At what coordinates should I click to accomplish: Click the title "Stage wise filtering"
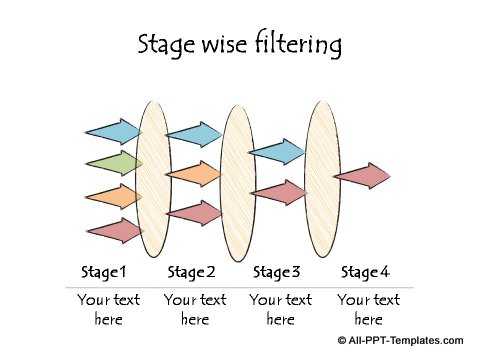pos(240,44)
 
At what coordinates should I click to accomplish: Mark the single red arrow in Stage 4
pos(361,176)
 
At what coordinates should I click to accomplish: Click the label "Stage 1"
pos(104,272)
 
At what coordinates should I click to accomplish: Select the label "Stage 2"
pos(191,272)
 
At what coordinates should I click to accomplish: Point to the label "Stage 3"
pos(277,272)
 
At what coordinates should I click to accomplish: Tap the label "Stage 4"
pos(365,272)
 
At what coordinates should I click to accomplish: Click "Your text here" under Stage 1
pos(108,309)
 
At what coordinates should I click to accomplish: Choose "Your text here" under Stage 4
pos(368,309)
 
